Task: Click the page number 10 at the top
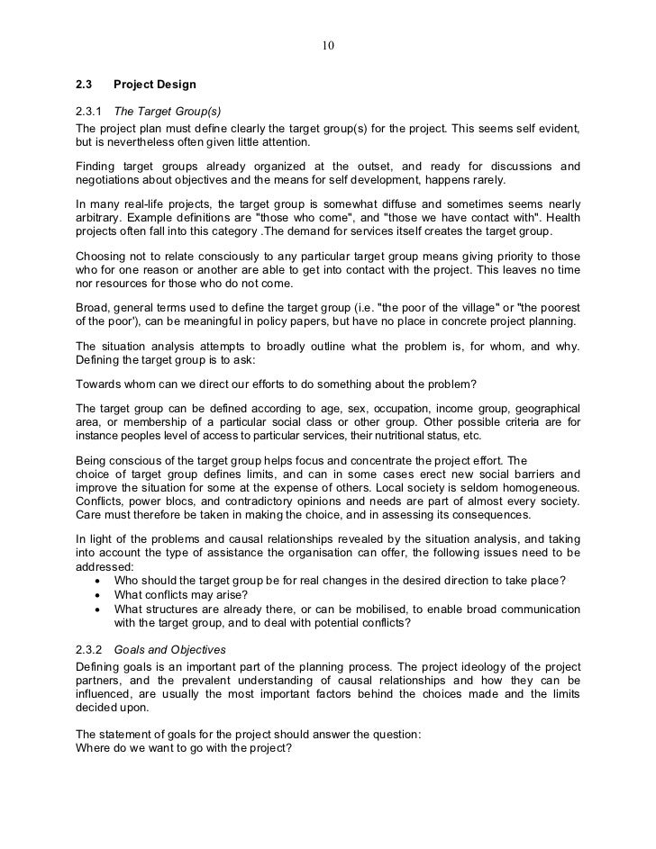328,46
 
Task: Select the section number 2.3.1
91,112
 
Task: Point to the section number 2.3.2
91,649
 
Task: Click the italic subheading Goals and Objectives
178,649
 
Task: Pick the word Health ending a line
560,217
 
